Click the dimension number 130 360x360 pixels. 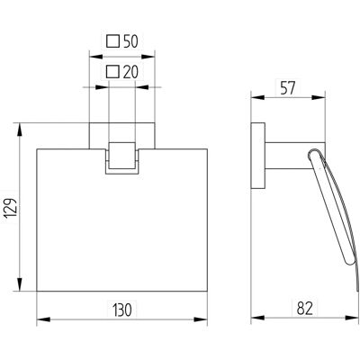point(122,310)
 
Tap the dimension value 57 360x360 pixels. point(288,88)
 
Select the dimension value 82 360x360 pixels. point(304,309)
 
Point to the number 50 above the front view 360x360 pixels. point(130,41)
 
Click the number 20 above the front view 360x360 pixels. point(130,72)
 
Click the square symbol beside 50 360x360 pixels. point(113,41)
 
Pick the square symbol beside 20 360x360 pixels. point(113,72)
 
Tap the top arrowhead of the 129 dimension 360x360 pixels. point(20,130)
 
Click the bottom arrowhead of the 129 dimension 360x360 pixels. point(20,284)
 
